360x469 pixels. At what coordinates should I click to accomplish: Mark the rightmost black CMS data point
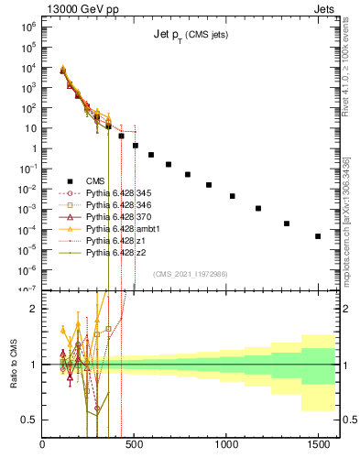click(318, 236)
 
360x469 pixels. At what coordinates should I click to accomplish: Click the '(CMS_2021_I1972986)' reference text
click(190, 274)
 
